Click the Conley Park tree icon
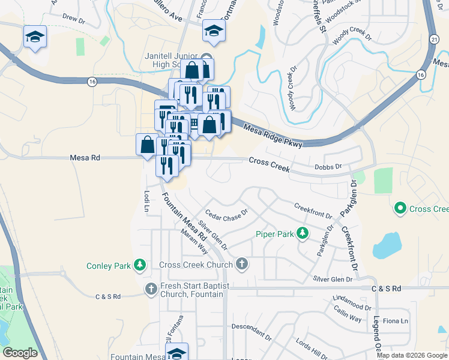click(140, 264)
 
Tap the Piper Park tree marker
click(304, 233)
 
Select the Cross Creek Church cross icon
click(241, 263)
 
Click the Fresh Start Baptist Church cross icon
click(151, 289)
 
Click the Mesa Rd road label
click(84, 157)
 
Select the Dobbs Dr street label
click(328, 167)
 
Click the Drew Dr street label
click(75, 19)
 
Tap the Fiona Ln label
click(397, 321)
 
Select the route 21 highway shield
click(433, 38)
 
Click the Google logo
click(20, 352)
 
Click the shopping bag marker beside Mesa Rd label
click(148, 145)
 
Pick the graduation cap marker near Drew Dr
click(35, 37)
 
